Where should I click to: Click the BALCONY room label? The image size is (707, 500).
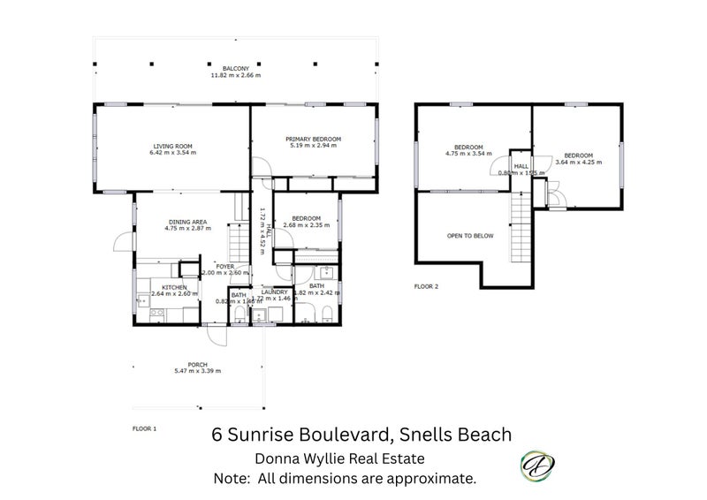tap(235, 68)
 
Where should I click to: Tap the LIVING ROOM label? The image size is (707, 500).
tap(172, 146)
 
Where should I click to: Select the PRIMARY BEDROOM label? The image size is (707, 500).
tap(313, 140)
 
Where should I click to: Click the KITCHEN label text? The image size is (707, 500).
tap(173, 286)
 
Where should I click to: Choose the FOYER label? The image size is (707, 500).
tap(225, 266)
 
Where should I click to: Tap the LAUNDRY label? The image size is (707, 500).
tap(275, 293)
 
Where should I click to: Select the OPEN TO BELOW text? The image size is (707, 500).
tap(470, 236)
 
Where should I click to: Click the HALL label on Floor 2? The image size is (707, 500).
tap(521, 165)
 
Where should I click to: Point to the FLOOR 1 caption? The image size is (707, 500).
tap(144, 428)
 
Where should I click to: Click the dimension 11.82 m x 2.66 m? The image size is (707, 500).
tap(235, 75)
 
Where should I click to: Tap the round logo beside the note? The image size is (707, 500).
tap(534, 466)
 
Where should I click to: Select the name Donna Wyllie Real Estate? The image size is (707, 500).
tap(340, 458)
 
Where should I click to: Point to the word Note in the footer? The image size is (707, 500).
tap(232, 479)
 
